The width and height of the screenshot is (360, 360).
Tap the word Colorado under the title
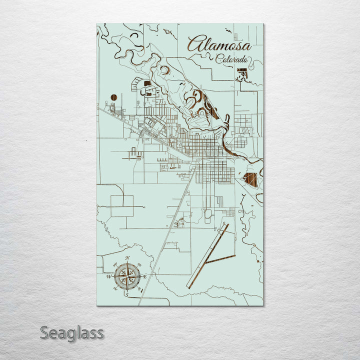pos(231,59)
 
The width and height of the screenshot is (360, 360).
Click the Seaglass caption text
pos(71,332)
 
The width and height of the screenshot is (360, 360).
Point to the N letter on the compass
pos(127,258)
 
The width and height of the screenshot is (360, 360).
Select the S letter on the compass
pos(127,295)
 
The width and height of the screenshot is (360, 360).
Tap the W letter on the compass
pos(108,276)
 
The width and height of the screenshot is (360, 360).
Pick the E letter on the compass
pos(145,276)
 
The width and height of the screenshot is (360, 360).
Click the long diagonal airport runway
pos(207,255)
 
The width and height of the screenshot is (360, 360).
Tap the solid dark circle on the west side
pos(114,97)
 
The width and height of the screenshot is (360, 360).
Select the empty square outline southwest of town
pos(122,205)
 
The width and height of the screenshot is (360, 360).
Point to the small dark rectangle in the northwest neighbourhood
pos(147,83)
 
